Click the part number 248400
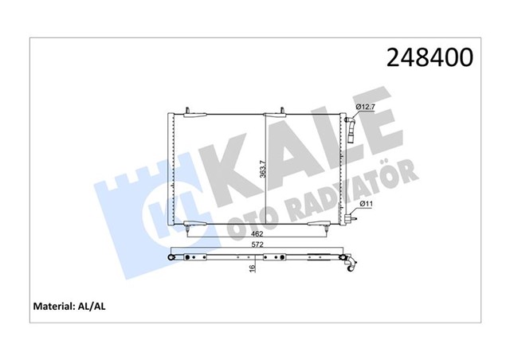[430, 57]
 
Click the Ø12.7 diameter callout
[366, 106]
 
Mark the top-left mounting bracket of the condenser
[185, 110]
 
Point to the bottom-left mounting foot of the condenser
[186, 229]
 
